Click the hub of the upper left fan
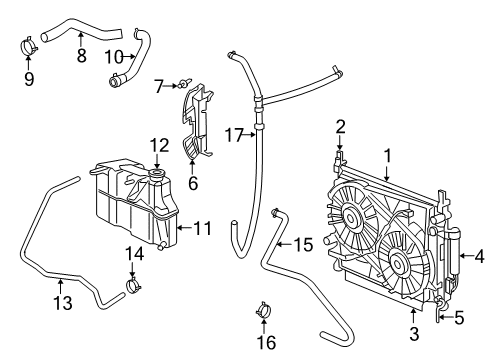tap(353, 215)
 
